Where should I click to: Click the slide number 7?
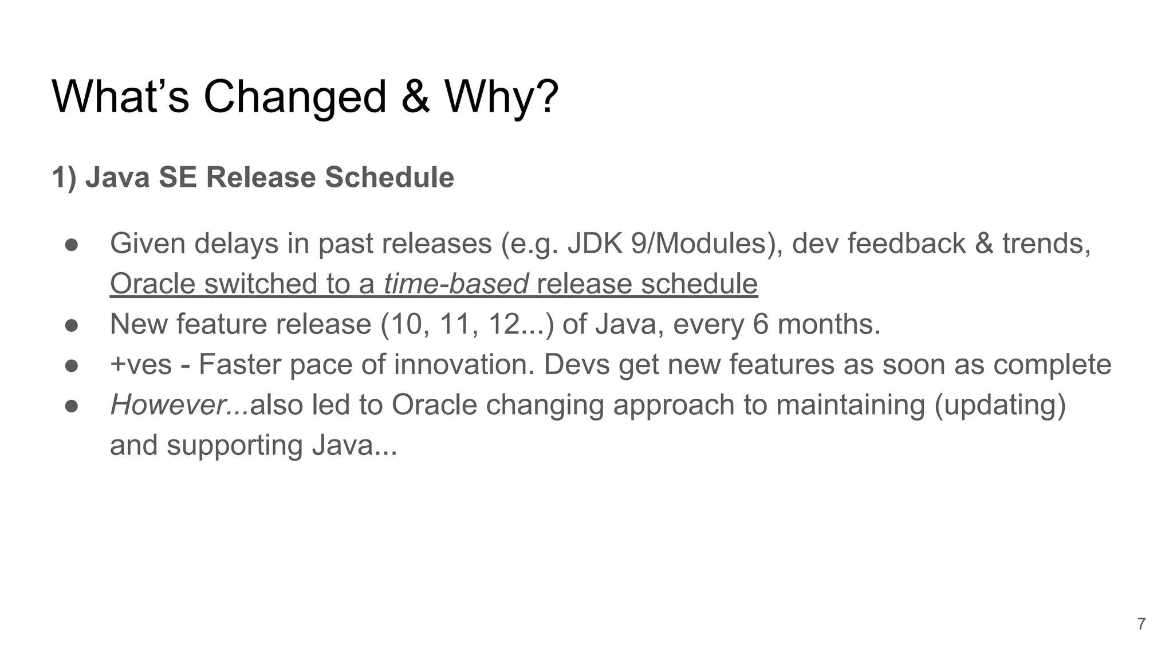point(1141,624)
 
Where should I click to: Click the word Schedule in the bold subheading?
point(389,177)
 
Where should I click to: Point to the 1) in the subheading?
point(64,177)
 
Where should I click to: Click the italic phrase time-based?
point(456,284)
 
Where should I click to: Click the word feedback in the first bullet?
point(906,243)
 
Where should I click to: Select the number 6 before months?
point(760,324)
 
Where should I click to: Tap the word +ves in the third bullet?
point(141,365)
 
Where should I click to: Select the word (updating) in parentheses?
point(1000,405)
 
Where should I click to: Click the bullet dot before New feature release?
point(71,325)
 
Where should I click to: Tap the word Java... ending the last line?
point(354,445)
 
